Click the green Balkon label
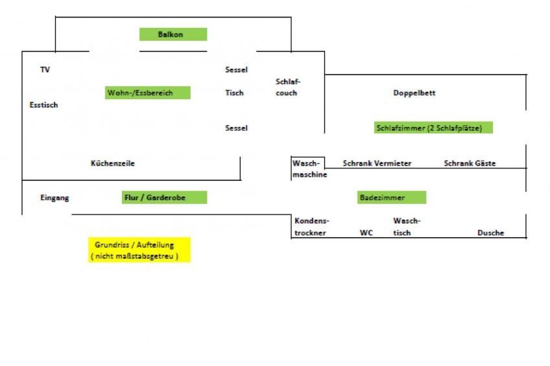coord(173,34)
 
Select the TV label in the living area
coord(45,70)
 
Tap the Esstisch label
coord(43,105)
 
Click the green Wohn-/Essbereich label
coord(148,93)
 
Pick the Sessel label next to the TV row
coord(236,70)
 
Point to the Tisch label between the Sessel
coord(234,93)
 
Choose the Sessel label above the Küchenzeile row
coord(236,128)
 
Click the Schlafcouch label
coord(287,87)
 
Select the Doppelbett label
coord(414,93)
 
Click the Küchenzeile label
coord(112,164)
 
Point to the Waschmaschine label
coord(309,169)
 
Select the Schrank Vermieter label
coord(377,164)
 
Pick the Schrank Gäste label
coord(470,164)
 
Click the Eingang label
coord(54,198)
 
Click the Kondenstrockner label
coord(310,227)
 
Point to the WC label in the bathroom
coord(366,233)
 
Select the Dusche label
coord(490,233)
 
